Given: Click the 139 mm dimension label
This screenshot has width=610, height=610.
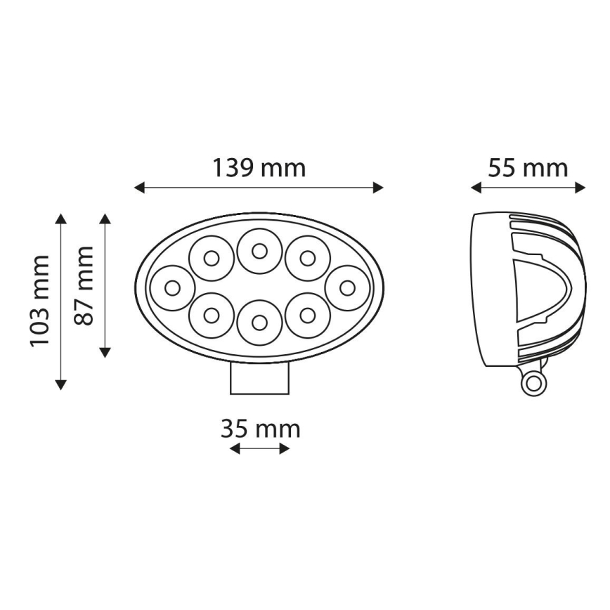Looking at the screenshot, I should tap(259, 169).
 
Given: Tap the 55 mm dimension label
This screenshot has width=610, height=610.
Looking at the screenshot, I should tap(528, 169).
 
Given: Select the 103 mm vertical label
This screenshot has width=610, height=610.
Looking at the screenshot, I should tap(39, 301).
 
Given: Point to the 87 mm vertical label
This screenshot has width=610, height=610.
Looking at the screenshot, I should tap(84, 285).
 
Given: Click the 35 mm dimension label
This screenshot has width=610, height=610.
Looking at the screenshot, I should tap(260, 428).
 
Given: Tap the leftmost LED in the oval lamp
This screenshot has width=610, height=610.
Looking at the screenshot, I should tap(172, 287).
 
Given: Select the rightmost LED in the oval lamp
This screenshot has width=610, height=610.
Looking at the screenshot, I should tap(347, 287).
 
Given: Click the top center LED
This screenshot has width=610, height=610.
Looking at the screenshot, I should tap(259, 251).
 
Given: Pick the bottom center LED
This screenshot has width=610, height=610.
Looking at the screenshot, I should tap(259, 323).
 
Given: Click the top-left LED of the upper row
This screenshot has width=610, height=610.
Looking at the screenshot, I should tap(212, 258).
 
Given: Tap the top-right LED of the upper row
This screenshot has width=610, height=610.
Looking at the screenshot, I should tap(307, 258).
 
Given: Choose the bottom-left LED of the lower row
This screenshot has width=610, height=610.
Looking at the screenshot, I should tap(212, 316).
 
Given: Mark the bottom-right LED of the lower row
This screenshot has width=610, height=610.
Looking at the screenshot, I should tap(307, 316).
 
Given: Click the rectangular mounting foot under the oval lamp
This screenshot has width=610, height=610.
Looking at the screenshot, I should tap(259, 378).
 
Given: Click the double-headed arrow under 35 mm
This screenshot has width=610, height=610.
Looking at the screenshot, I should tap(260, 448).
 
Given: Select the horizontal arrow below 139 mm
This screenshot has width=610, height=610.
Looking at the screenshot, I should tap(259, 187).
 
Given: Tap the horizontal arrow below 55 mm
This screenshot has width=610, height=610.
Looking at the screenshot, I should tap(528, 187).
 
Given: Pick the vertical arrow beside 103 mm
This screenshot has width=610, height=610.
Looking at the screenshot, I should tap(61, 301).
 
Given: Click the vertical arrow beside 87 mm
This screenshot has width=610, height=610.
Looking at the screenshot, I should tap(105, 285).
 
